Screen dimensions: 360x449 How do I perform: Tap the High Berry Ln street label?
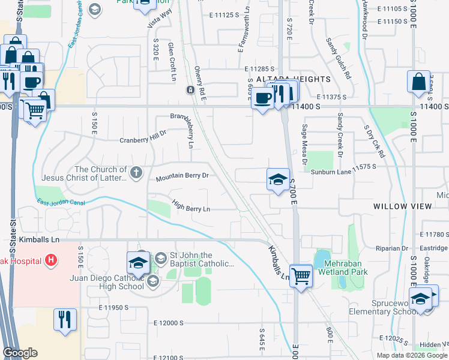tap(190, 205)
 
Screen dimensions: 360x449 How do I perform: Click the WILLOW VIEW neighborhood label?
tap(402, 206)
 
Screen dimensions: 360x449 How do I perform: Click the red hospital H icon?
tap(51, 260)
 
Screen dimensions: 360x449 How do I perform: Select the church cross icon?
tap(136, 173)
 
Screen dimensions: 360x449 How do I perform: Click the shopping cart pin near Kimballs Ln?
tap(301, 277)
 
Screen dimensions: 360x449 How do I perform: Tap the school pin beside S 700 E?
tap(277, 179)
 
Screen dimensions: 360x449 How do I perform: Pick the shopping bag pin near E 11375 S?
tap(418, 82)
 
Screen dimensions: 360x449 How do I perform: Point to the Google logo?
tap(20, 353)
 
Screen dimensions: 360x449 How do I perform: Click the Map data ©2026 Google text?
tap(412, 355)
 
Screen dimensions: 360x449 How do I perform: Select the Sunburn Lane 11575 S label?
tap(347, 172)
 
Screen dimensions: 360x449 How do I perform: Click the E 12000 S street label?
tap(169, 323)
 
